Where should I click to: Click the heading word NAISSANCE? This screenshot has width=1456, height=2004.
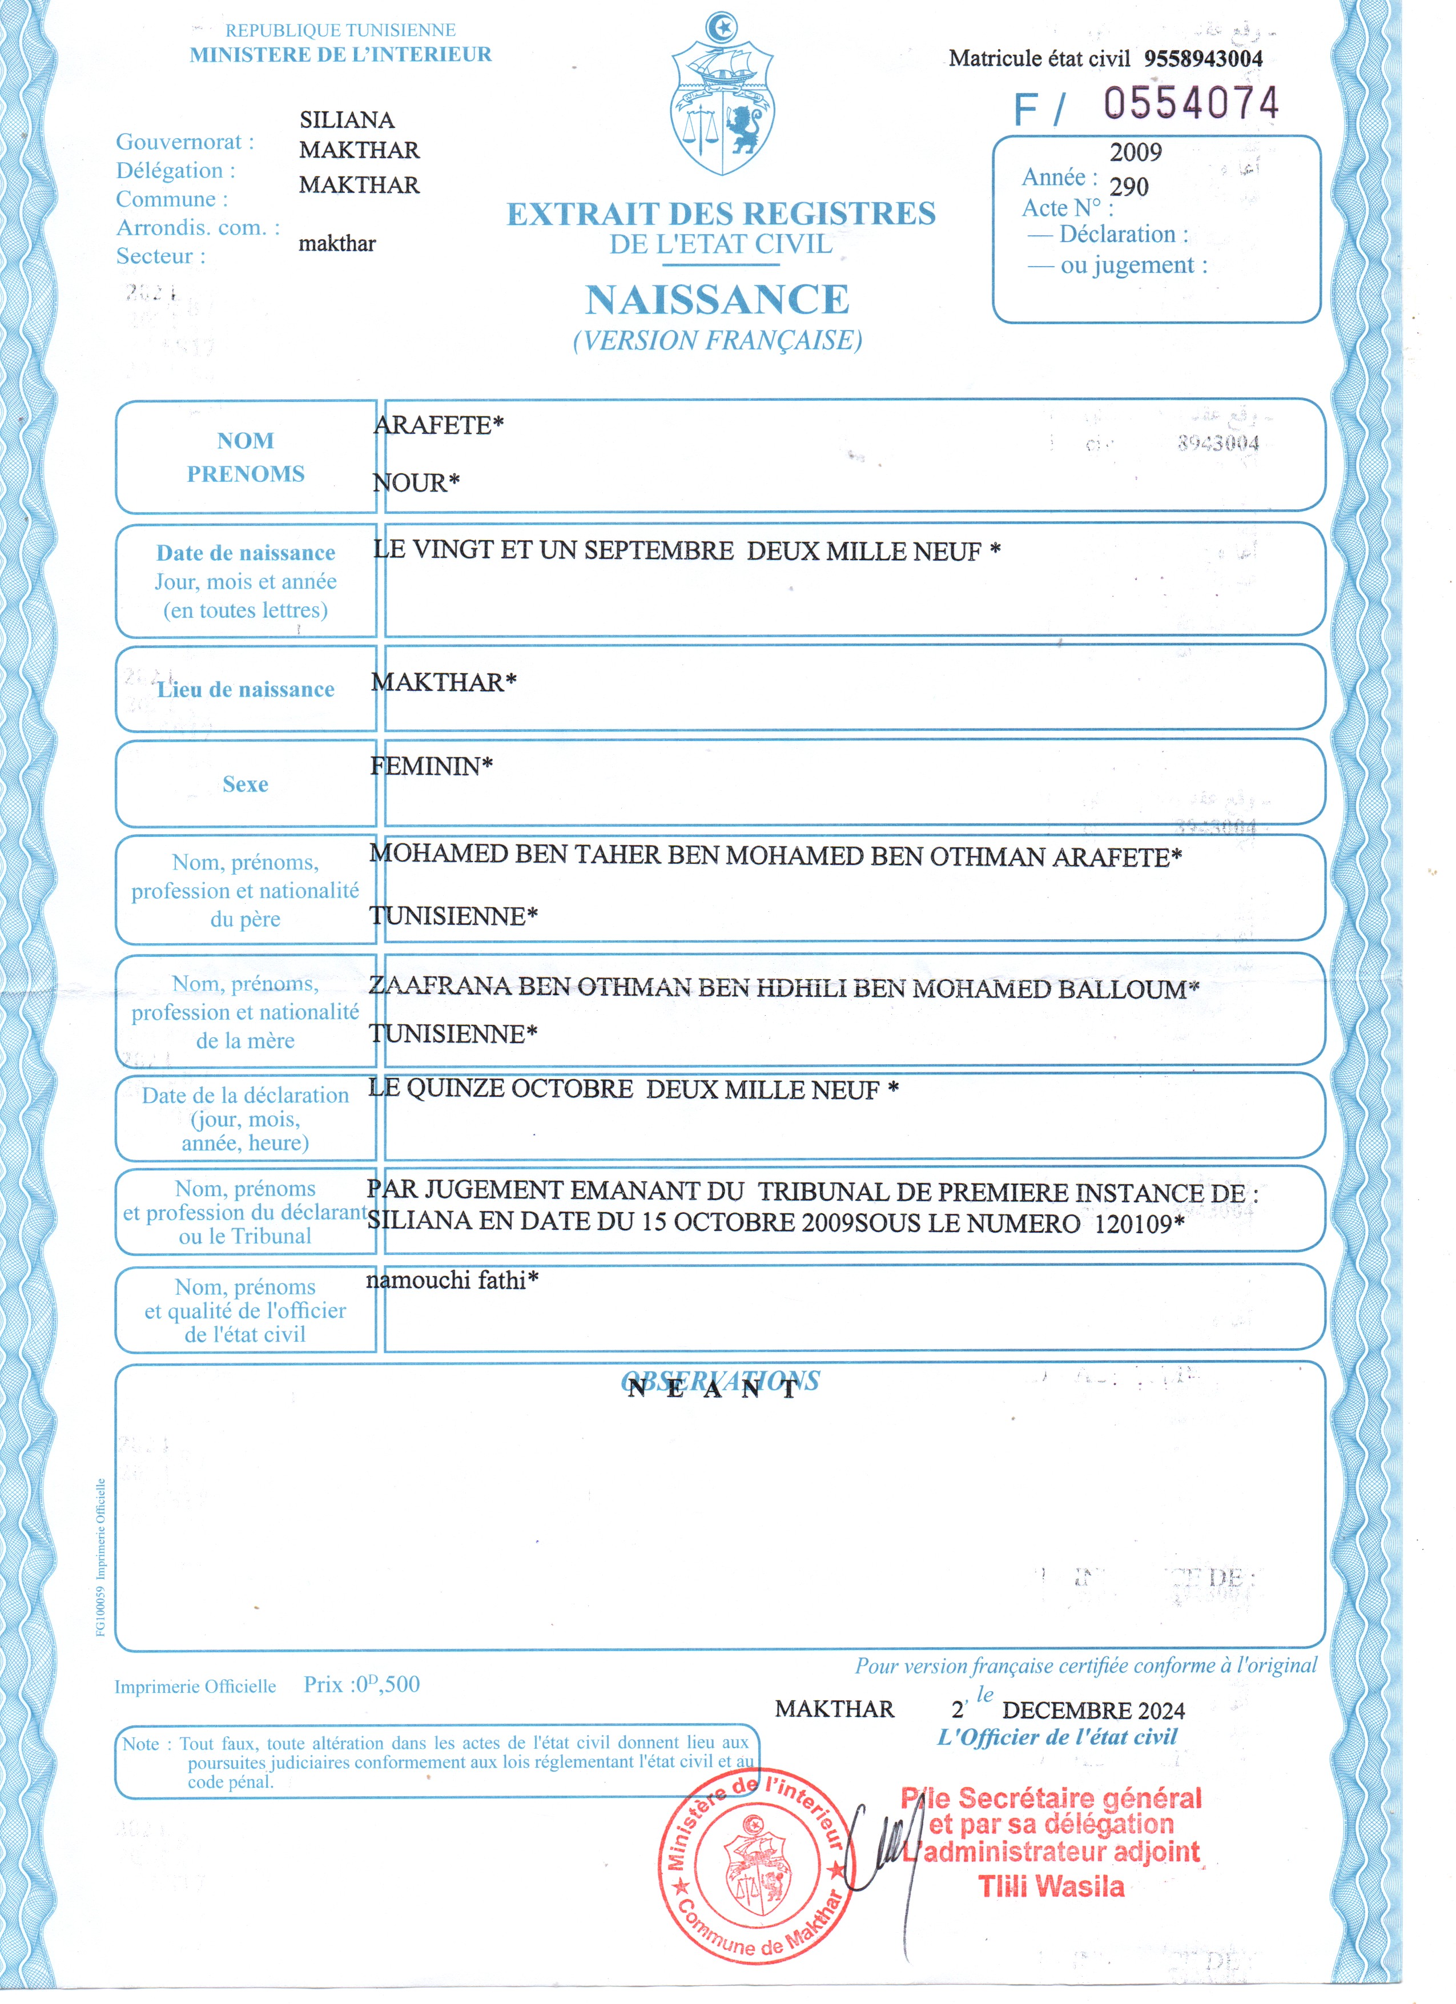(x=717, y=300)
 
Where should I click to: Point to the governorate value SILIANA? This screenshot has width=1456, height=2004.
(x=347, y=119)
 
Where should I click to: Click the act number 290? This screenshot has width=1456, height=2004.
(x=1128, y=187)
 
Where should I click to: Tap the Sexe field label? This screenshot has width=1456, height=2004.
(x=245, y=784)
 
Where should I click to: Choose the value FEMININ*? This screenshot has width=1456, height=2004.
(x=431, y=767)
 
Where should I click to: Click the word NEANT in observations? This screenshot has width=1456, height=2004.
(x=712, y=1390)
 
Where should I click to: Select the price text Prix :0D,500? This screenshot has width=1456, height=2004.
(x=361, y=1685)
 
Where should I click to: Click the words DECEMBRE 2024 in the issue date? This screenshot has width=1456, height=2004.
(x=1093, y=1711)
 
